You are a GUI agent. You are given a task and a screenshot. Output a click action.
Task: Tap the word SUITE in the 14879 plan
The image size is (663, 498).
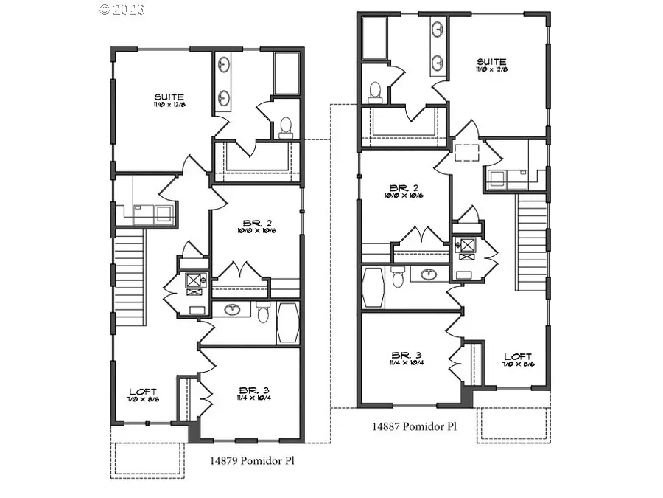point(169,97)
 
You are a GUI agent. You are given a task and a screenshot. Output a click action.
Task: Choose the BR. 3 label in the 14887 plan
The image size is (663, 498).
point(401,355)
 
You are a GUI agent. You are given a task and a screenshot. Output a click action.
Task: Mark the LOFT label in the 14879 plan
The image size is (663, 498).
point(142,391)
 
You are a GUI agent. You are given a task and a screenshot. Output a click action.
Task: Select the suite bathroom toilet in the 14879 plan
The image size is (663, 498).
point(286,127)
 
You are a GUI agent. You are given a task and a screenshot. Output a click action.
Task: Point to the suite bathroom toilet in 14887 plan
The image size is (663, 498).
point(374,91)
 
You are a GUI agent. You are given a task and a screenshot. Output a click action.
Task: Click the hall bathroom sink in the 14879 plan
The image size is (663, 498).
point(234,309)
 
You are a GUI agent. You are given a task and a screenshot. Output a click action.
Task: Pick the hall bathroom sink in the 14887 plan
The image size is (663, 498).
point(429,275)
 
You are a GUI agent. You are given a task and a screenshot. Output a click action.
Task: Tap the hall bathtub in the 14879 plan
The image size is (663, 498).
point(287,322)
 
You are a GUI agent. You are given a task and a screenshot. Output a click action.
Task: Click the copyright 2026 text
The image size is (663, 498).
point(122,10)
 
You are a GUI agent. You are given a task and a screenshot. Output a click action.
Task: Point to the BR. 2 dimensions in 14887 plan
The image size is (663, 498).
point(403,196)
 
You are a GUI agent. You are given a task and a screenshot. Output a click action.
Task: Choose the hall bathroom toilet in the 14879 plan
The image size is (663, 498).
point(263,312)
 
